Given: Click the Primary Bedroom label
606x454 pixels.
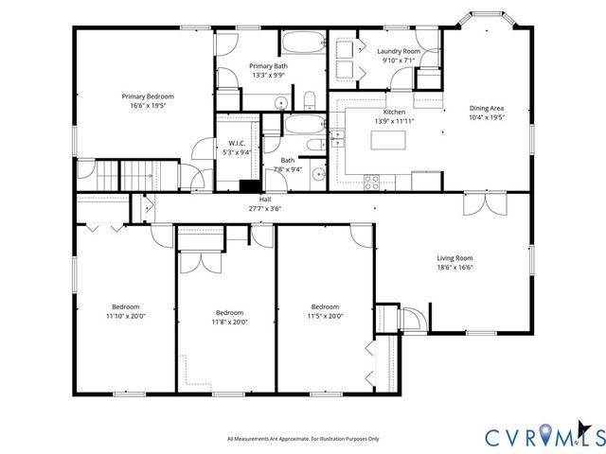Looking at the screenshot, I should point(147,96).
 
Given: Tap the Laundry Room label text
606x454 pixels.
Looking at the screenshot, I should point(399,51).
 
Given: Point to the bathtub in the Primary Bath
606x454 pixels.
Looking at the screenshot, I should point(302,44).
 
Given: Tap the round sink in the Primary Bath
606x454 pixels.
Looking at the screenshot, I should point(280,103).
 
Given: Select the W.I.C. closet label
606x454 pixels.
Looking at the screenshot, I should point(236,144).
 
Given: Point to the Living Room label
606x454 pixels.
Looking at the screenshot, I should point(454,258).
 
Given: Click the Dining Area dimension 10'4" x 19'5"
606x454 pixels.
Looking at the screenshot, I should point(487,117).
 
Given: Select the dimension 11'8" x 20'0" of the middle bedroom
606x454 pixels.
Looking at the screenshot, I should point(228,322).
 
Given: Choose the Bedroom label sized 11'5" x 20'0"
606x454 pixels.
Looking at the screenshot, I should point(325,306).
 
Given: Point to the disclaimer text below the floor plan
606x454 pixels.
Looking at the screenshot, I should point(303,438).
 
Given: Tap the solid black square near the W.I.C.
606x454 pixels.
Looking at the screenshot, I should point(250,186).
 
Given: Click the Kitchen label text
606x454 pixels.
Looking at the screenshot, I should point(394,112).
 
